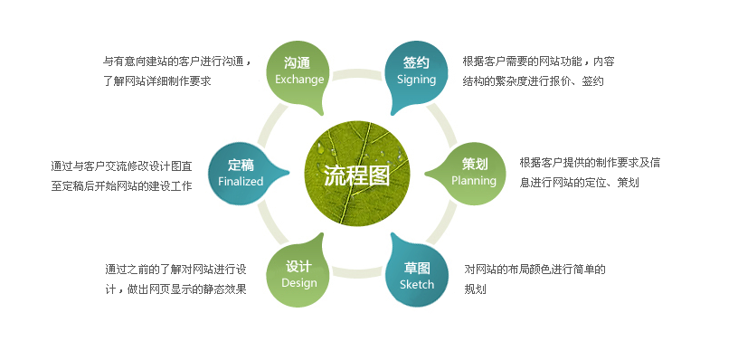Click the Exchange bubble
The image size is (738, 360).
[299, 71]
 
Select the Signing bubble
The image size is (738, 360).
[416, 71]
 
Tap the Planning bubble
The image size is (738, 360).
[474, 172]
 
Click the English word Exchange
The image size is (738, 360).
[299, 80]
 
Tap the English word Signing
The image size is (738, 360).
[416, 80]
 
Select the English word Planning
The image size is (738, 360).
[474, 181]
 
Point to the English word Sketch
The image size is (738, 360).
[417, 284]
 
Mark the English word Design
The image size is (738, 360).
[299, 283]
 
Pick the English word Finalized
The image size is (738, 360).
[241, 181]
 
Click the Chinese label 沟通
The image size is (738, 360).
[298, 63]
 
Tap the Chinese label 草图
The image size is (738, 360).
[417, 268]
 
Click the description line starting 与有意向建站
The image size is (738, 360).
[177, 62]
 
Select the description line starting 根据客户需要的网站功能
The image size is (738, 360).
[539, 62]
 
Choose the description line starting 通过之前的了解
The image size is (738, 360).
[175, 270]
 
